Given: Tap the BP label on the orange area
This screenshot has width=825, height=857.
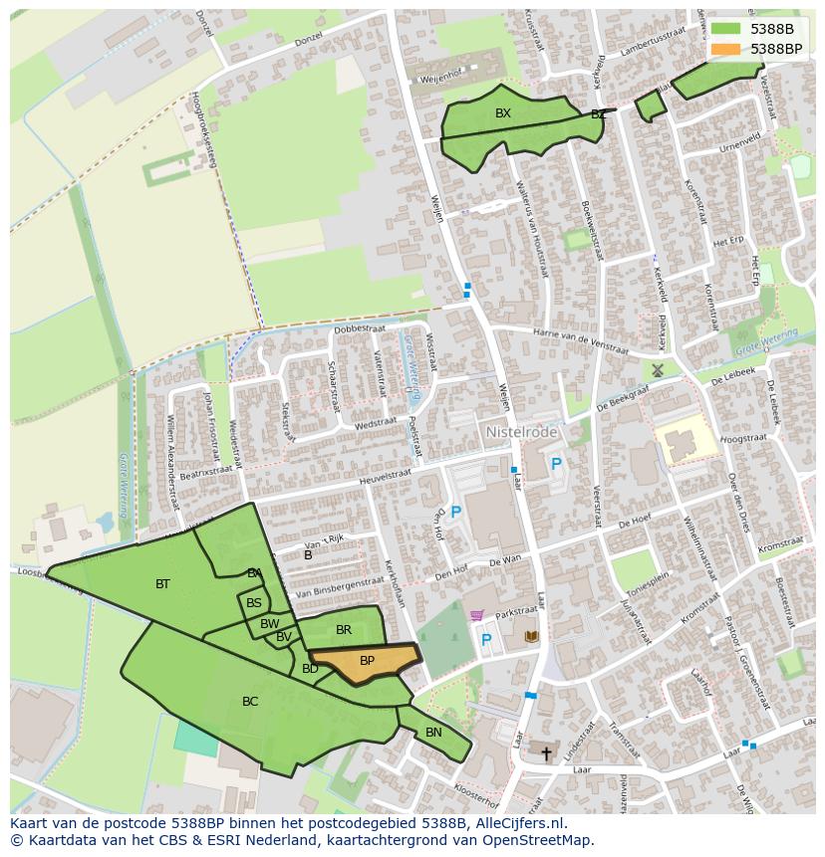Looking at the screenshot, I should [x=367, y=661].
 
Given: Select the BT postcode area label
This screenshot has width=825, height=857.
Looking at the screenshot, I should [x=162, y=584].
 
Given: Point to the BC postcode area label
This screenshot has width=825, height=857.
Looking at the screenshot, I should [x=250, y=702].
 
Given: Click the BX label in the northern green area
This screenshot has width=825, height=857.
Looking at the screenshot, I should [x=503, y=113].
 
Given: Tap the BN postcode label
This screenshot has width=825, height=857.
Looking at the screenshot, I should [x=433, y=733].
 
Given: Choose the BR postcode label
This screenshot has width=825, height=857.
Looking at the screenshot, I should [x=344, y=630].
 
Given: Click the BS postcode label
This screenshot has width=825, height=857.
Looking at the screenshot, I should [x=254, y=603].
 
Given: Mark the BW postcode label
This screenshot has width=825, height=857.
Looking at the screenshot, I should [x=269, y=624].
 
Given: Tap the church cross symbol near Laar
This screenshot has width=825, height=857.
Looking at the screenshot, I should [x=545, y=752].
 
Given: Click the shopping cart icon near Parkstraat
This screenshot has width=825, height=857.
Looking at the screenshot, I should [x=476, y=616].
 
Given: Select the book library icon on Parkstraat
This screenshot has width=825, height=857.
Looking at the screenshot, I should [x=531, y=635].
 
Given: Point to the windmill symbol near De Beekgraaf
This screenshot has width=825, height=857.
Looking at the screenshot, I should [x=657, y=370].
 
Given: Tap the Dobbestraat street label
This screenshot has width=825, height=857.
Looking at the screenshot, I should [x=359, y=328].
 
